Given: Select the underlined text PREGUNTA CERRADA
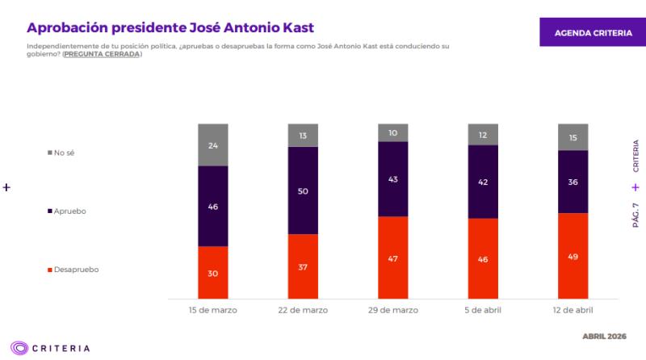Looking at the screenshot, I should (102, 54).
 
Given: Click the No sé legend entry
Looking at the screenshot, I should (66, 153).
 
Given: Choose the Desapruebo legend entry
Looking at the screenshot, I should (73, 270).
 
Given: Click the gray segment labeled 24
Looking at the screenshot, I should (213, 145).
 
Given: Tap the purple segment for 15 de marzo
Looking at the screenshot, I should (213, 207).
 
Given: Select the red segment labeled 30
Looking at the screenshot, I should (213, 273).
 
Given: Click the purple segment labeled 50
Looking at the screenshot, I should (304, 190).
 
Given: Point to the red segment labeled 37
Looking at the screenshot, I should (304, 267).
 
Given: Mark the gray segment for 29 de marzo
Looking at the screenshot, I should (393, 133).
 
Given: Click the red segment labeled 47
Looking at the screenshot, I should (393, 258).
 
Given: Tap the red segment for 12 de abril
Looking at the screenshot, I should (573, 257).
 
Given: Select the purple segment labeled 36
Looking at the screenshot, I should (573, 182).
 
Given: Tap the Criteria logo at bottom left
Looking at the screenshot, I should (50, 349).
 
